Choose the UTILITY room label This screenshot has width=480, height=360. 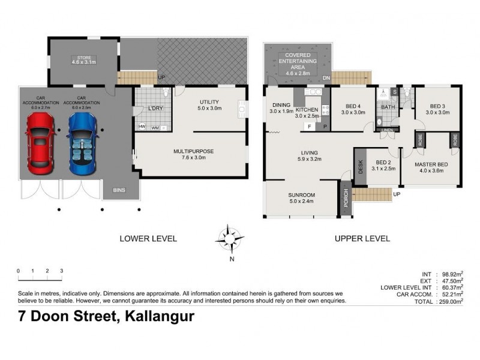click(x=209, y=106)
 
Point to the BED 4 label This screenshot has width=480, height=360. click(x=353, y=109)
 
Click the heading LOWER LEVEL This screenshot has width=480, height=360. click(x=148, y=238)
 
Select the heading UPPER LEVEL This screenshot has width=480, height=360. click(x=362, y=238)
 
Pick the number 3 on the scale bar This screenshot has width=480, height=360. click(x=62, y=271)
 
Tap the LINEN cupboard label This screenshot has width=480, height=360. click(x=387, y=130)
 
